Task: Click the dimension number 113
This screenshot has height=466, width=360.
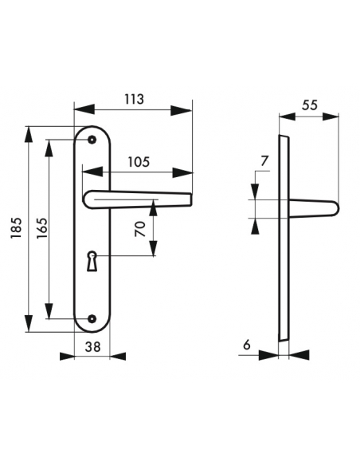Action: pos(134,100)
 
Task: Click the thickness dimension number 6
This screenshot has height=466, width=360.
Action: pos(246,345)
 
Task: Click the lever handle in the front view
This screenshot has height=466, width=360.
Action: pos(135,198)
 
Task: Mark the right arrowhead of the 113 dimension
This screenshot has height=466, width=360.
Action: pos(187,111)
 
